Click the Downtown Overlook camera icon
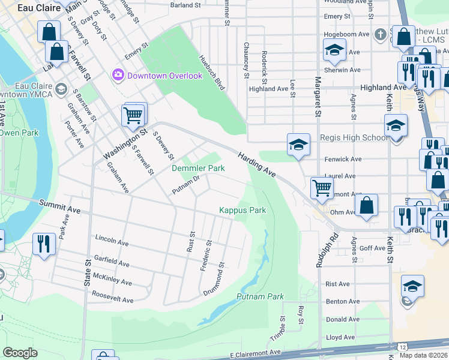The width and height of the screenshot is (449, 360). (117, 76)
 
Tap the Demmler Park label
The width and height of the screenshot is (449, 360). (198, 169)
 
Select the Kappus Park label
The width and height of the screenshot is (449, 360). (242, 210)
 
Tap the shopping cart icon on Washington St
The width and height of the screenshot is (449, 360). (133, 114)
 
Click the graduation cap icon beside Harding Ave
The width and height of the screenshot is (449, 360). (298, 145)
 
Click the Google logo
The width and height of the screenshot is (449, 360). (20, 353)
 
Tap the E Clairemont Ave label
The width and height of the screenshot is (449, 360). (255, 353)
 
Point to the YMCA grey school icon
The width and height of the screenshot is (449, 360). (61, 89)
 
